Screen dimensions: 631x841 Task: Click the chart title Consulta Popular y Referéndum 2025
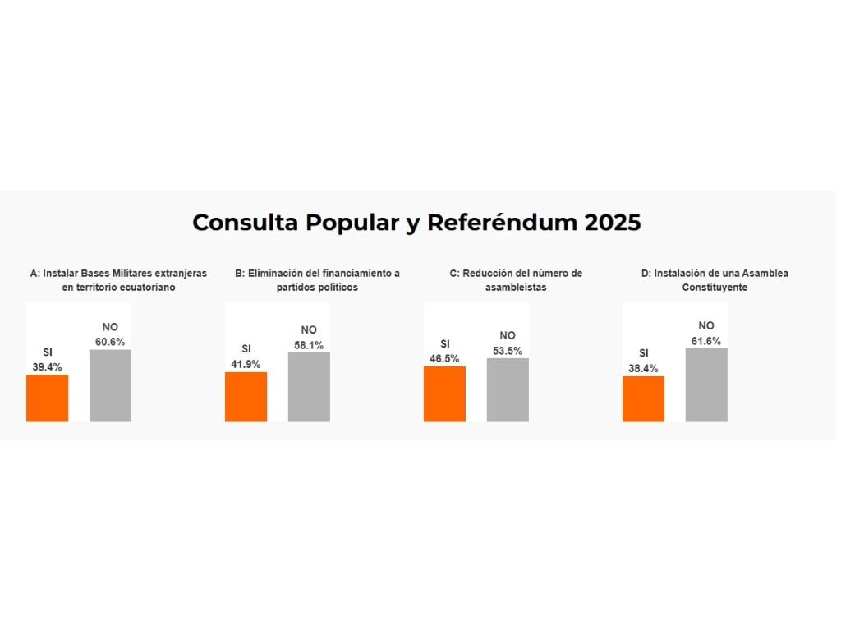416,223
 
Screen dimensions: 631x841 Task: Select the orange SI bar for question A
48,398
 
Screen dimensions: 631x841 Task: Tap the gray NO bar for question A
110,386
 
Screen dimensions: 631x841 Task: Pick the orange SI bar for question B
246,397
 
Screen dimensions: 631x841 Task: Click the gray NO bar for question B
309,387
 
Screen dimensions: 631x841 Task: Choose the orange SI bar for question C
444,394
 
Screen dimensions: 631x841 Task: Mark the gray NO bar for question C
508,390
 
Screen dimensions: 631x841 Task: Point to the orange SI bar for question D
643,399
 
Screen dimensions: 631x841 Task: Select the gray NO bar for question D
706,385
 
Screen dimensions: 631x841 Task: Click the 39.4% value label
48,366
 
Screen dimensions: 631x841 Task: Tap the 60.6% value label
110,341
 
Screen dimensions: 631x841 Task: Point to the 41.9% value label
246,364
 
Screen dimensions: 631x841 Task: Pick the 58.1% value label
309,345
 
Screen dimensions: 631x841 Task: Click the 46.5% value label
444,358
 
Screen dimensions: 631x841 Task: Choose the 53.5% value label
508,350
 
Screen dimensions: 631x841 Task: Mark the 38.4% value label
643,368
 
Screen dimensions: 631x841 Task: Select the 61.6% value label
706,340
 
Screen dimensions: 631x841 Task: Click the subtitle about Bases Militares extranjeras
118,280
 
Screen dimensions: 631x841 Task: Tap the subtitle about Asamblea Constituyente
715,280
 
